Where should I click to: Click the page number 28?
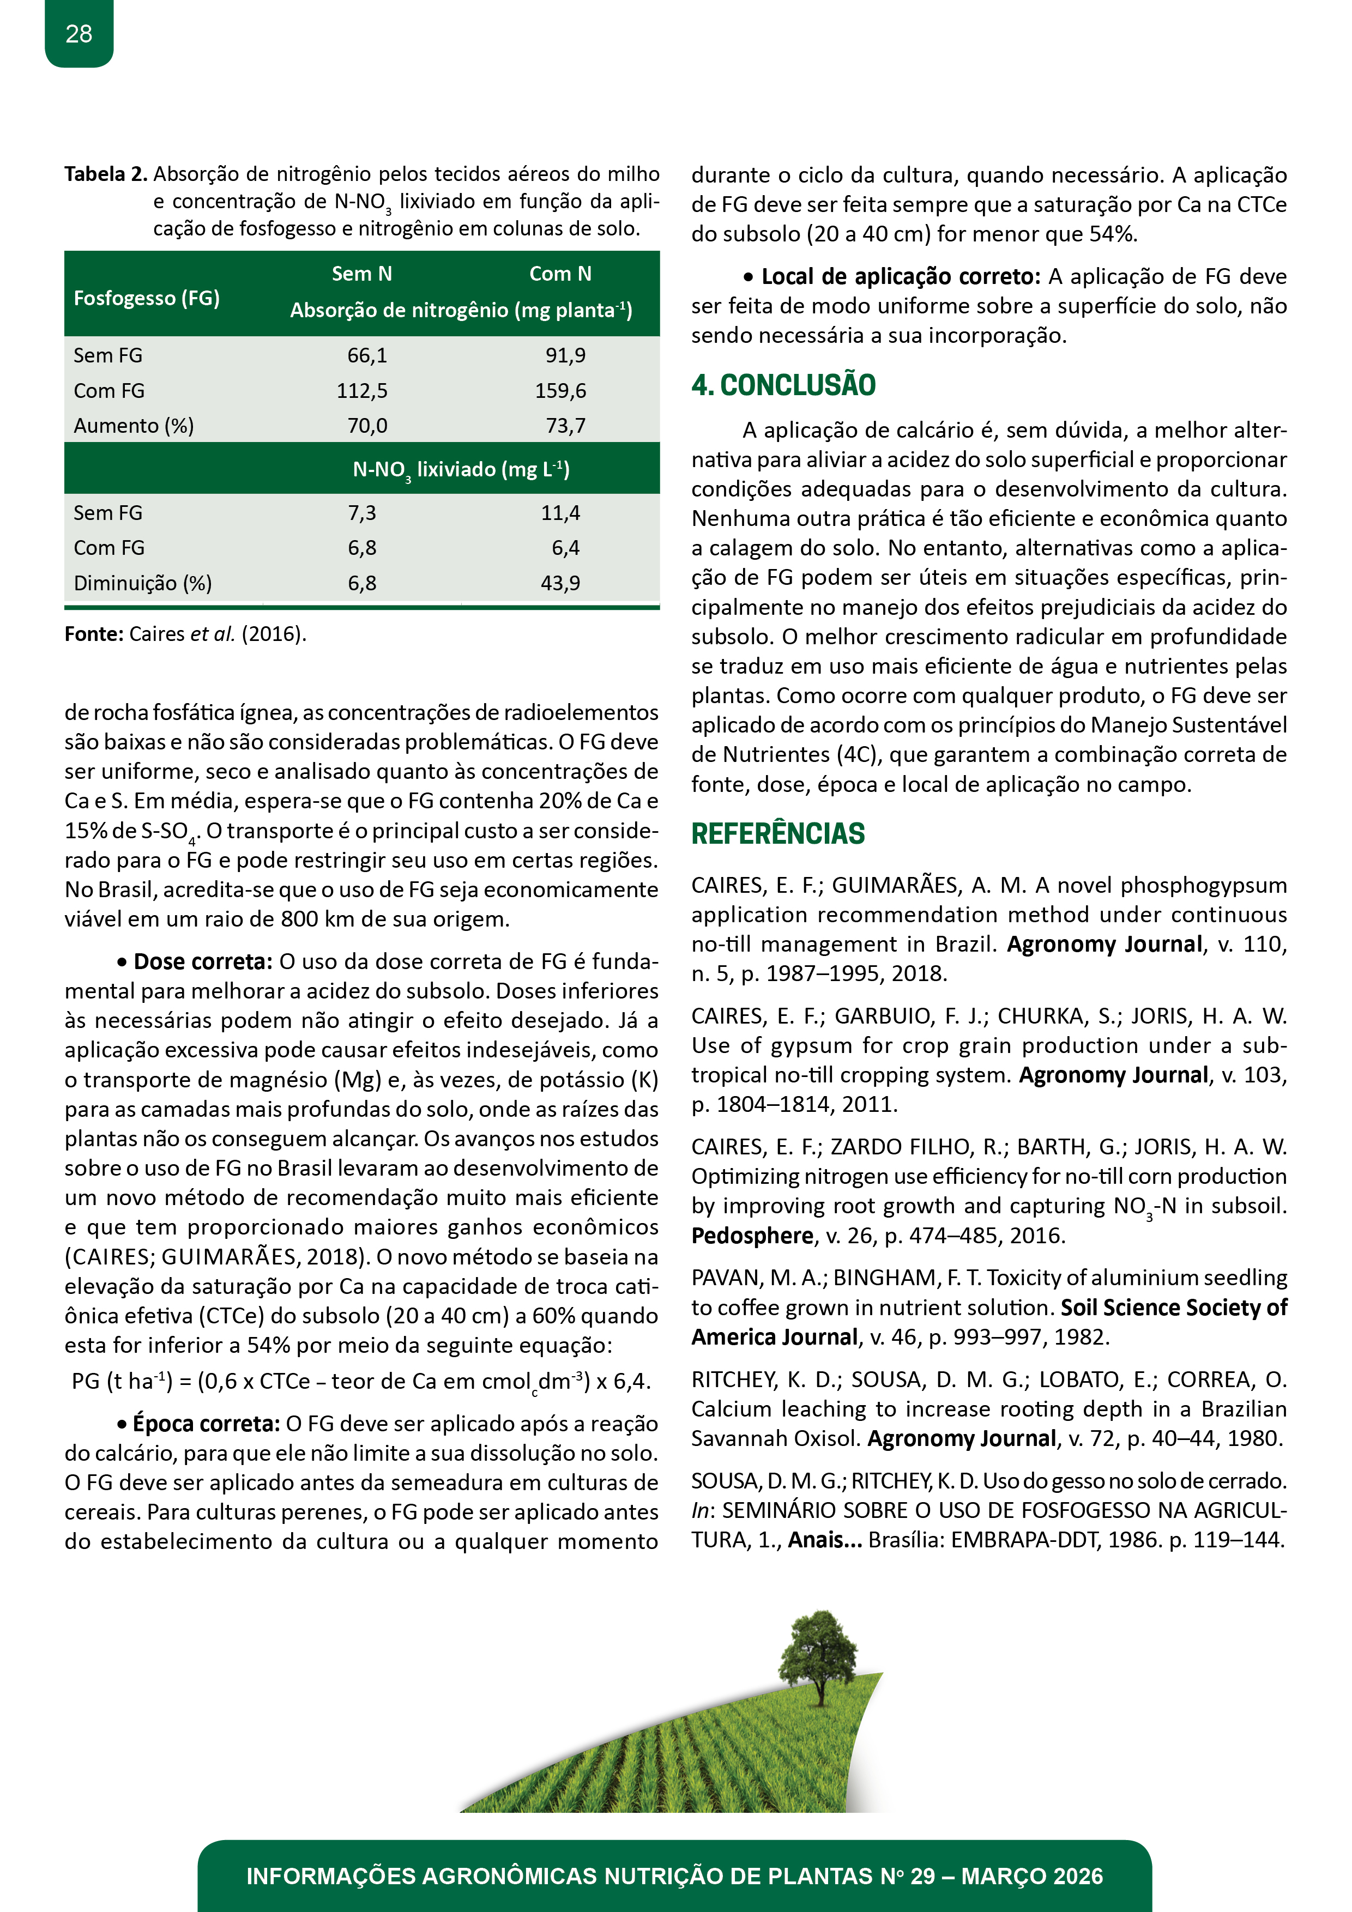(79, 34)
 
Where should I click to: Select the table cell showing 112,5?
(361, 391)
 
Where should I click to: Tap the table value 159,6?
(560, 391)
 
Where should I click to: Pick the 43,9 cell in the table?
(560, 583)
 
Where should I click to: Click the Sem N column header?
(361, 274)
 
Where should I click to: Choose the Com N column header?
(560, 274)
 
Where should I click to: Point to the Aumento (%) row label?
(133, 426)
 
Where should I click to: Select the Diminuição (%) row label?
(142, 583)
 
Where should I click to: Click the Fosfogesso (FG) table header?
(147, 298)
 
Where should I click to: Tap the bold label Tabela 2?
(106, 174)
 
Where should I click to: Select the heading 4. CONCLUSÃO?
(783, 385)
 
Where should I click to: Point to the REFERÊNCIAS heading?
(778, 833)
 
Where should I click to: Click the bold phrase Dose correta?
(202, 962)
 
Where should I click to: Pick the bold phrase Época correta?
(206, 1424)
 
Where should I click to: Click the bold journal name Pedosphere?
(751, 1236)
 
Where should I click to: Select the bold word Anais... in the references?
(825, 1540)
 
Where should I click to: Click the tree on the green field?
(819, 1654)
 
